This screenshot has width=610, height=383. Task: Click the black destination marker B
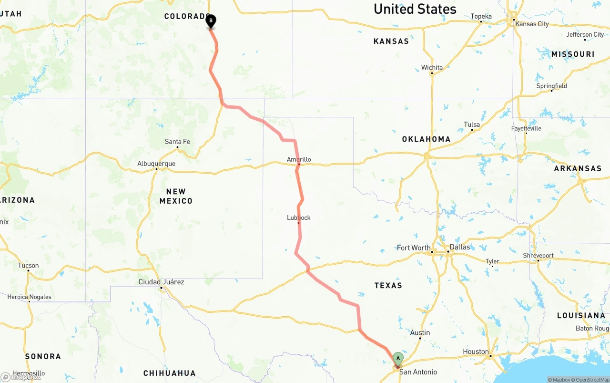point(211,21)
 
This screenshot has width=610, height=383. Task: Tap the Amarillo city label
point(299,159)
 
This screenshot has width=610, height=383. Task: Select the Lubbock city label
point(299,217)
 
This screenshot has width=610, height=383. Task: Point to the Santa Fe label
point(177,142)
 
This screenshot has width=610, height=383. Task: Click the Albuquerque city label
point(156,164)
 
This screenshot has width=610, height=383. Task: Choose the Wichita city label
point(432,68)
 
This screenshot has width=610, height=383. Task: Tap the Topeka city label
point(481,17)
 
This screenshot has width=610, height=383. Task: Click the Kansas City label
point(531,24)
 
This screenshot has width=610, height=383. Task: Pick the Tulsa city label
point(472,125)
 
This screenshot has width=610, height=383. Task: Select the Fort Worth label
point(413,248)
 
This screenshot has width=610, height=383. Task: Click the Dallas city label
point(459,247)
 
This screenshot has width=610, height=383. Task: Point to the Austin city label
point(420,333)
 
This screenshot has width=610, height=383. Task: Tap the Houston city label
point(476,352)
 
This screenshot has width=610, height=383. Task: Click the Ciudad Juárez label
point(161,282)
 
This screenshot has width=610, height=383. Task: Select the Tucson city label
point(29,266)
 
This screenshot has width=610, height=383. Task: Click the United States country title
point(415,9)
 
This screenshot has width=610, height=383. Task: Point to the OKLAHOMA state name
point(426,139)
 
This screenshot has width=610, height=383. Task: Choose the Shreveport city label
point(538,256)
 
